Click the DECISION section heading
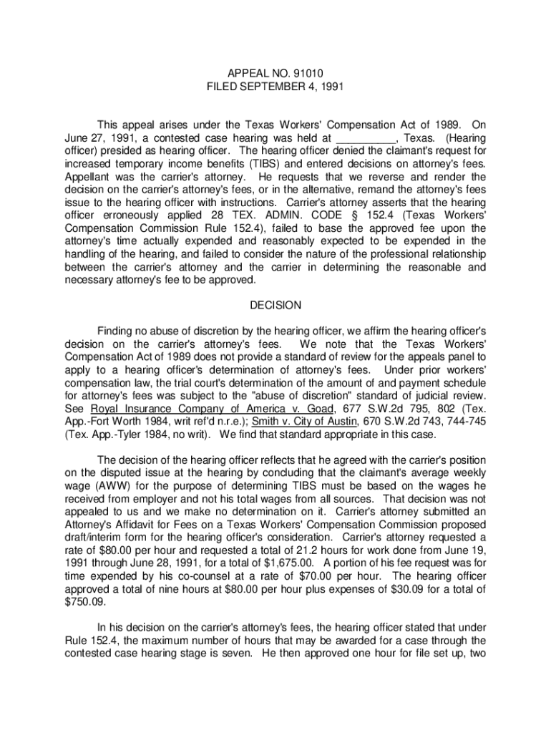pos(275,305)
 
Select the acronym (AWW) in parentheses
pos(106,485)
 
